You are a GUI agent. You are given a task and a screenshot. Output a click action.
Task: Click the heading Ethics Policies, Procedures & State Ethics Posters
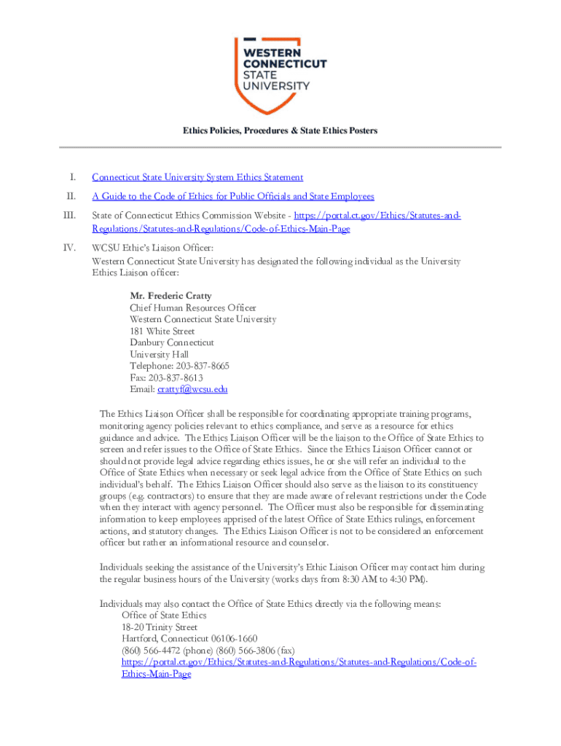[x=280, y=131]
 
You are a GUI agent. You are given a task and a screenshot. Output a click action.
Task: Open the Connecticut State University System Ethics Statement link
[x=197, y=177]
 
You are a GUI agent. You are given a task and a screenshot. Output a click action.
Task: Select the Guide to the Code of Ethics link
[x=233, y=197]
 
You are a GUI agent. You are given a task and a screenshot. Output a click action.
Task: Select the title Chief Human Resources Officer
[x=193, y=308]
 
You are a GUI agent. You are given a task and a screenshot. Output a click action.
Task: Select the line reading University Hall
[x=160, y=354]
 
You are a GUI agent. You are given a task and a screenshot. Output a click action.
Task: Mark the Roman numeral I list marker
[x=71, y=177]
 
